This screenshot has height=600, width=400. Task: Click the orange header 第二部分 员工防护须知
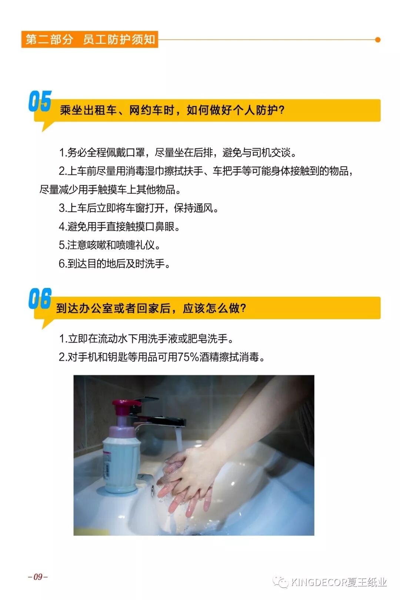tap(90, 40)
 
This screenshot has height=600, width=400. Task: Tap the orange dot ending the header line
tap(378, 40)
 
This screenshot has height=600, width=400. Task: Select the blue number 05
tap(40, 101)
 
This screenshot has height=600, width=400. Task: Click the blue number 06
tap(40, 298)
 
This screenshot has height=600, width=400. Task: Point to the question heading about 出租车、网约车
tap(172, 110)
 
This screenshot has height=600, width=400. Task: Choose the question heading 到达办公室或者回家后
tap(151, 308)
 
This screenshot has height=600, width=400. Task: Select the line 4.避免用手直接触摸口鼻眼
tap(119, 226)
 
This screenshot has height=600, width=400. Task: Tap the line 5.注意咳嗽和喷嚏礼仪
tap(109, 245)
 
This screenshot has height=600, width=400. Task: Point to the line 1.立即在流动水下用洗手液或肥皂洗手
tap(146, 339)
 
